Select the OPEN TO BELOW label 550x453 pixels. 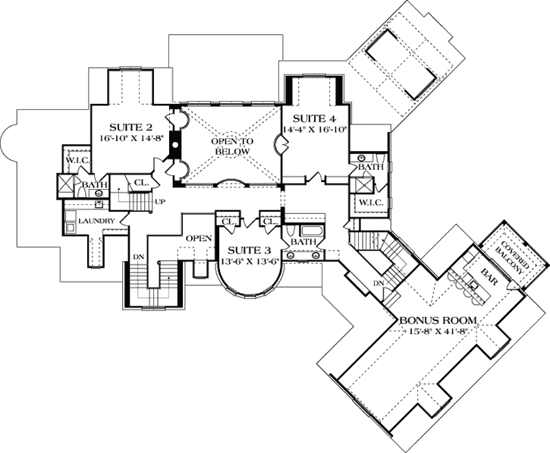(x=228, y=144)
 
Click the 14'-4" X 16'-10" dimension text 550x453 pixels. (x=315, y=130)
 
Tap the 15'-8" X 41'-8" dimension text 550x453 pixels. (x=433, y=332)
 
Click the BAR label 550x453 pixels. (x=488, y=272)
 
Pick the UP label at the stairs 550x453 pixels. (x=159, y=202)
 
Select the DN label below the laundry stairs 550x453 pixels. (x=139, y=257)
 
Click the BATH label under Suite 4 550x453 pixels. (x=370, y=166)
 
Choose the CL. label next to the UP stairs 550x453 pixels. (x=142, y=183)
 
